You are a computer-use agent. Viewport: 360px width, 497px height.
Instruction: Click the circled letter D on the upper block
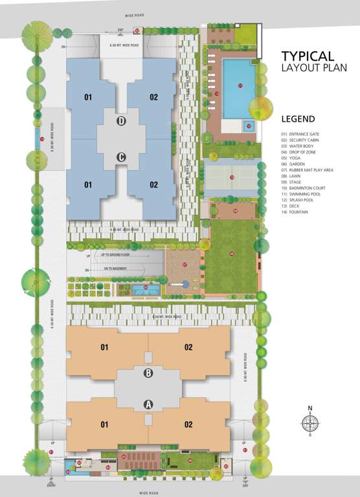(x=120, y=121)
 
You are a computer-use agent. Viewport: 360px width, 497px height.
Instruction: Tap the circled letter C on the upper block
(x=120, y=157)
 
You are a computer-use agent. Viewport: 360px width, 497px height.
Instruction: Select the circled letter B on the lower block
(x=148, y=373)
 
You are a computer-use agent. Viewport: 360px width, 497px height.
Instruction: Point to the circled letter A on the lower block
(x=148, y=404)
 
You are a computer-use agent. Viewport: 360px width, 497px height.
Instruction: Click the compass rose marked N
(x=310, y=423)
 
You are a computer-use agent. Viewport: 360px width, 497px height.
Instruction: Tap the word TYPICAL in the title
(x=308, y=56)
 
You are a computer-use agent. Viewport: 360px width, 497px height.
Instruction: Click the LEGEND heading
(x=298, y=119)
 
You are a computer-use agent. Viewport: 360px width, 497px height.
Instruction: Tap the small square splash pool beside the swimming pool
(x=249, y=126)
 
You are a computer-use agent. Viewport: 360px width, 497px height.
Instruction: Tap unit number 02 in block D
(x=153, y=98)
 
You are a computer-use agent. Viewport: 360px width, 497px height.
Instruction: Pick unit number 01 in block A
(x=105, y=425)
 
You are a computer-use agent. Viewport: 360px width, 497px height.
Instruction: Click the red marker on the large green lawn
(x=231, y=254)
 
